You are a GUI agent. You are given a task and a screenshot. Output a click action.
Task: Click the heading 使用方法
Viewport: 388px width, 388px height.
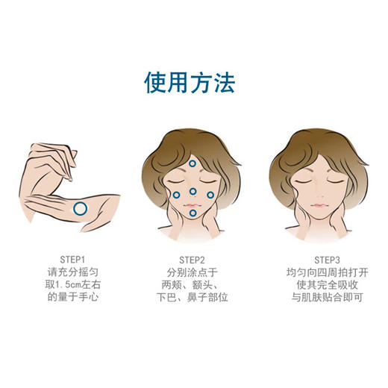click(x=193, y=81)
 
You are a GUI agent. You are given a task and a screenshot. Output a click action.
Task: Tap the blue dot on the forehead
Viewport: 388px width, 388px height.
click(x=192, y=164)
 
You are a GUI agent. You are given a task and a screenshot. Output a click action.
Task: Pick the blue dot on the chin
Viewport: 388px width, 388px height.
click(x=192, y=215)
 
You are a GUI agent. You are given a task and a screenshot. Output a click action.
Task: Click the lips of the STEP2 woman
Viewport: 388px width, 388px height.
click(x=192, y=204)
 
